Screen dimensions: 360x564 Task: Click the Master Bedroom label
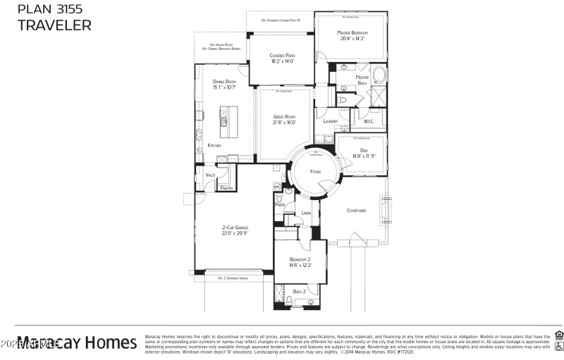(352, 33)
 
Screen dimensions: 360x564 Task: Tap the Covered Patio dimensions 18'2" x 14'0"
(281, 61)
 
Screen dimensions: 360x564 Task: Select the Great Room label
(285, 117)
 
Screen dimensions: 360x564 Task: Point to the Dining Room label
(224, 82)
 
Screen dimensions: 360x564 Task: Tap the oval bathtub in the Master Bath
(378, 75)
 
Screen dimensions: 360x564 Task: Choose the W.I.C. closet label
(369, 122)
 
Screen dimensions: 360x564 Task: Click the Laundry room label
(330, 122)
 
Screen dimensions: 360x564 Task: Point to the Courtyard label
(357, 210)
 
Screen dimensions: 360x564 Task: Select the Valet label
(210, 175)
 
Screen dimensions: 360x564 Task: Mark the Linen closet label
(306, 213)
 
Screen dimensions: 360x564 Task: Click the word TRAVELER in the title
(54, 25)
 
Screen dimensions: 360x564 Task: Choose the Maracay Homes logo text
(78, 343)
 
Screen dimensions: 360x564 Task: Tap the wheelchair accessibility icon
(558, 347)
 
